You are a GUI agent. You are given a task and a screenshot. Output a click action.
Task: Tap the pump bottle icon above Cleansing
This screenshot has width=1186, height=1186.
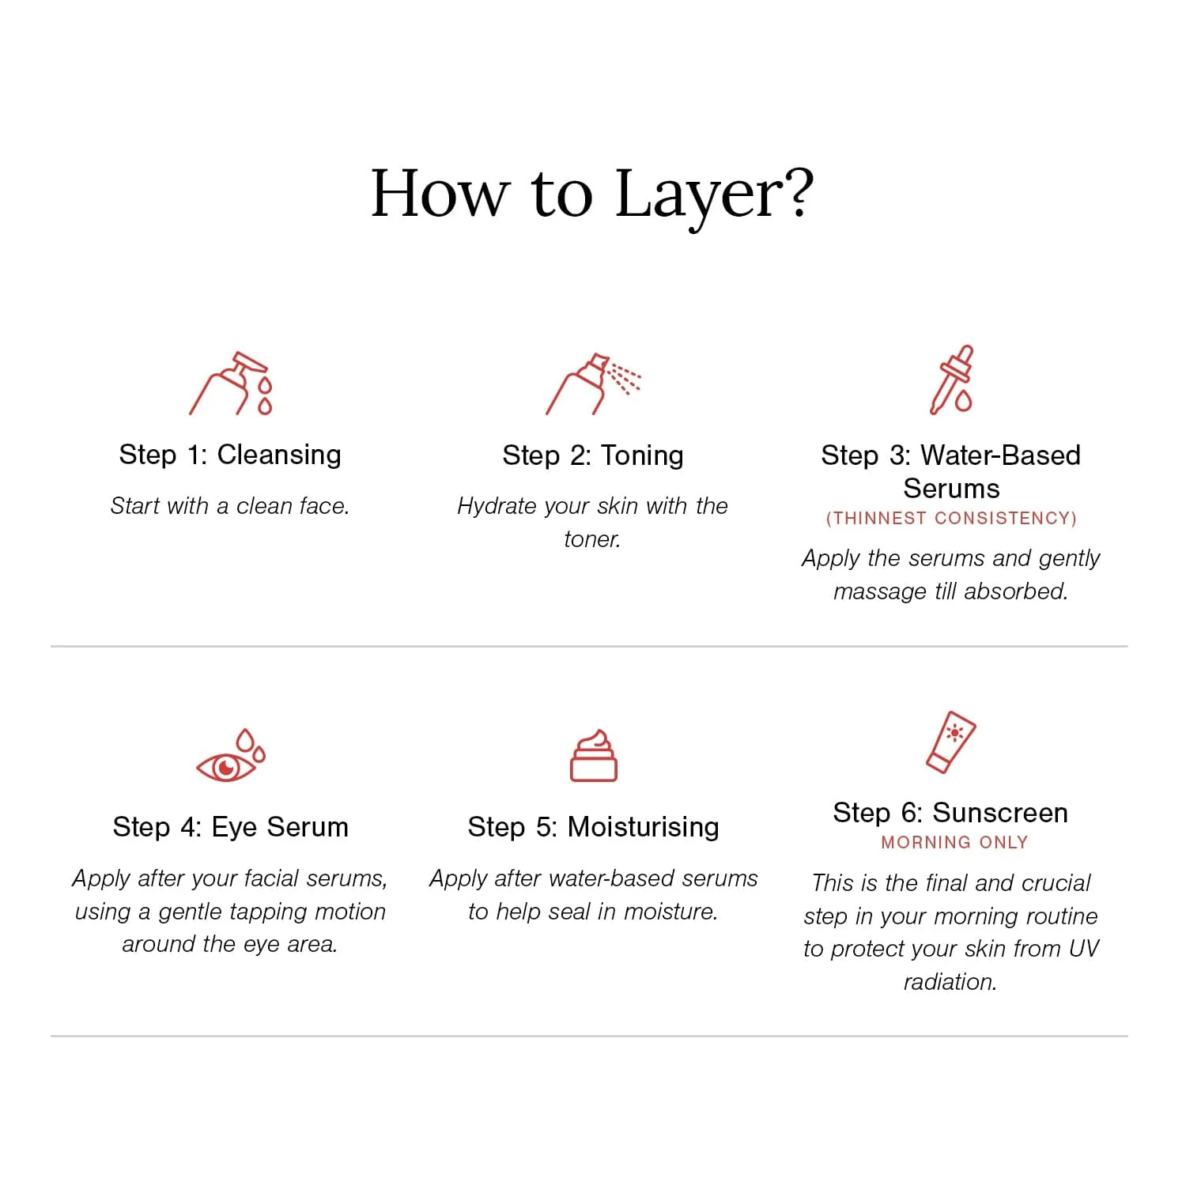pyautogui.click(x=231, y=383)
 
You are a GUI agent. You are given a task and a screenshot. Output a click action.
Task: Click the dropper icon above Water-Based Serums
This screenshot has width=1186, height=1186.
pyautogui.click(x=951, y=380)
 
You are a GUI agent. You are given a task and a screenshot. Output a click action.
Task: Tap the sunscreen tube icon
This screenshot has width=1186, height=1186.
pyautogui.click(x=951, y=742)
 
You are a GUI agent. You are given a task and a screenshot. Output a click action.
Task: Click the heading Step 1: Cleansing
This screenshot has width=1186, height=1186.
pyautogui.click(x=230, y=455)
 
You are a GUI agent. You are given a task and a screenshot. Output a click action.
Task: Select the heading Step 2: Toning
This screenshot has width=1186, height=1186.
pyautogui.click(x=593, y=455)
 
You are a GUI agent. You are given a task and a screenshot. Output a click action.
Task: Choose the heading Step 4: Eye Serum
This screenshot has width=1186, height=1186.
pyautogui.click(x=231, y=827)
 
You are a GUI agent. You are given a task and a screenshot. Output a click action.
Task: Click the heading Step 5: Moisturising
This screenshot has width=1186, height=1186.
pyautogui.click(x=593, y=827)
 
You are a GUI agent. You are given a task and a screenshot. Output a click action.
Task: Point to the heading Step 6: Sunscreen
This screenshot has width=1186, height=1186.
pyautogui.click(x=951, y=813)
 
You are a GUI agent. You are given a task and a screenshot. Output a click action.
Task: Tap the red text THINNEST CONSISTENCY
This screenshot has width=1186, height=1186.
pyautogui.click(x=951, y=519)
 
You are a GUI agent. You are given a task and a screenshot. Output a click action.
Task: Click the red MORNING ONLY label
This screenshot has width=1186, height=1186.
pyautogui.click(x=954, y=843)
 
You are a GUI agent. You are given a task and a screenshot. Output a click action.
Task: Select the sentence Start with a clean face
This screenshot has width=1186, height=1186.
pyautogui.click(x=230, y=506)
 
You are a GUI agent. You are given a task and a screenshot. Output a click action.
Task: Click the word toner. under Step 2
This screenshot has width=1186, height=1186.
pyautogui.click(x=592, y=539)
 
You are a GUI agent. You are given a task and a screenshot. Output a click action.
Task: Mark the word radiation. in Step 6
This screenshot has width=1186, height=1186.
pyautogui.click(x=950, y=982)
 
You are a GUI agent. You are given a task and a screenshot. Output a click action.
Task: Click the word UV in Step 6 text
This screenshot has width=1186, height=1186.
pyautogui.click(x=1083, y=949)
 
